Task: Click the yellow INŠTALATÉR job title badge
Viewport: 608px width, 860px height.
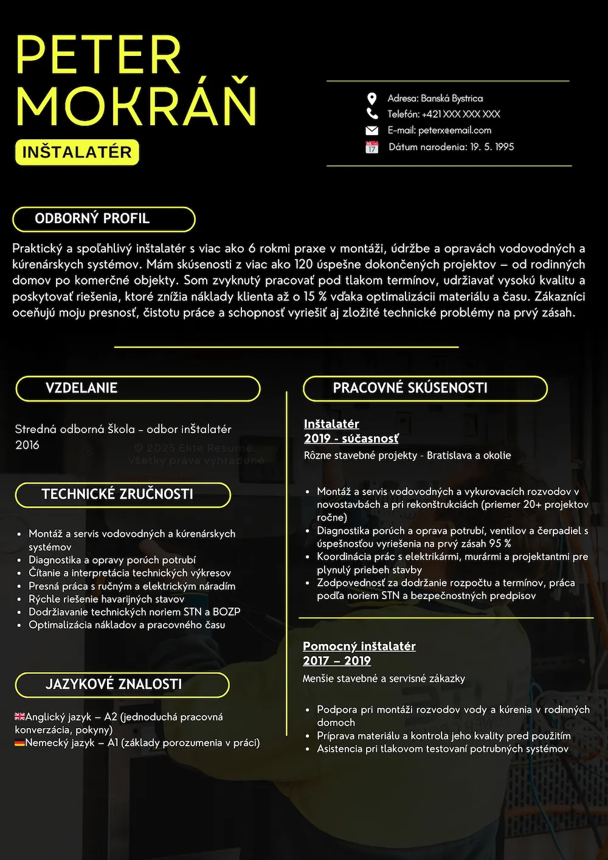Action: pyautogui.click(x=77, y=152)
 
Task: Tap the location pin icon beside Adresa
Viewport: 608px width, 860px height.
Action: pyautogui.click(x=372, y=99)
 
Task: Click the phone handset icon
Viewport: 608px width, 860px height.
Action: pyautogui.click(x=372, y=114)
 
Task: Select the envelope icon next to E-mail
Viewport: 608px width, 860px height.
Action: pyautogui.click(x=372, y=130)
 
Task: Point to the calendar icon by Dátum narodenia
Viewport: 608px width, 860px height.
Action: pyautogui.click(x=372, y=147)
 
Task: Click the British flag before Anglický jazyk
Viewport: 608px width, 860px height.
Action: pyautogui.click(x=20, y=716)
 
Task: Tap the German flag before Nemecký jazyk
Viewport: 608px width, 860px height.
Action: pyautogui.click(x=20, y=743)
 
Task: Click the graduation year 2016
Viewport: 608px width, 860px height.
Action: pyautogui.click(x=27, y=445)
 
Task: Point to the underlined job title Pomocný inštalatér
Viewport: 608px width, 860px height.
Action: pyautogui.click(x=359, y=646)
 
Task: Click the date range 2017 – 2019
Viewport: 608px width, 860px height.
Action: pyautogui.click(x=337, y=661)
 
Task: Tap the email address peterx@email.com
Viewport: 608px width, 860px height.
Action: pyautogui.click(x=455, y=130)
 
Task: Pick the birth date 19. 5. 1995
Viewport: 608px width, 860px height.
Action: pyautogui.click(x=492, y=147)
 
